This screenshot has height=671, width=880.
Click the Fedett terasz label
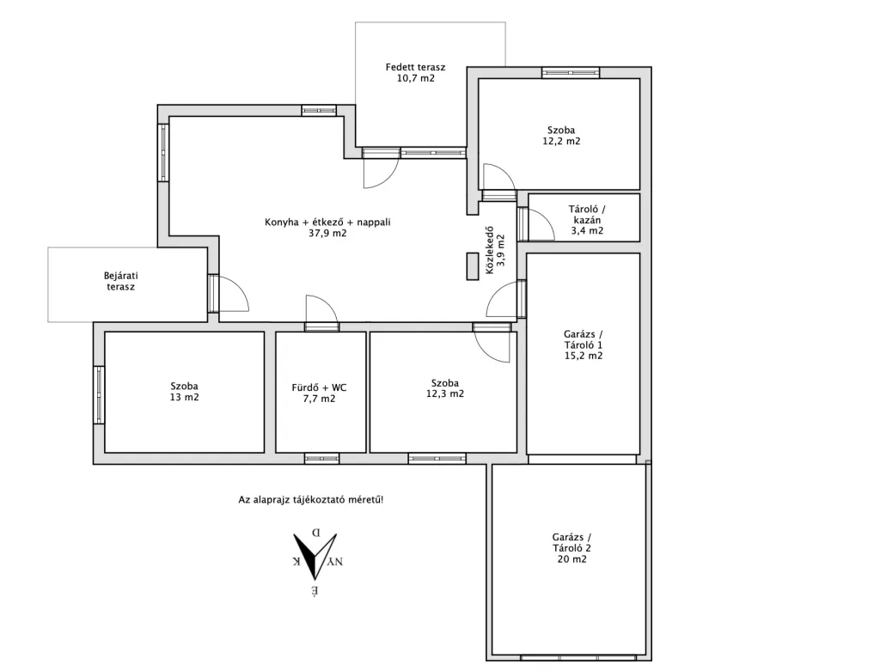pos(415,67)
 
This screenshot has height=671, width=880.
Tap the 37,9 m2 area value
pos(327,234)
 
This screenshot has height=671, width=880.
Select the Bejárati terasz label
pos(120,281)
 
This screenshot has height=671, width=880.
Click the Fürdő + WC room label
pos(319,387)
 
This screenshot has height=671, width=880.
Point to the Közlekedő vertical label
pos(489,250)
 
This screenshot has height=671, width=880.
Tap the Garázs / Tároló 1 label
pos(584,340)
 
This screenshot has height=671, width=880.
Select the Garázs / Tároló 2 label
pos(571,543)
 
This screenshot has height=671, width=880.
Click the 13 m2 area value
pos(185,397)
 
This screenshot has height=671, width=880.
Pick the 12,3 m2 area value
pos(445,393)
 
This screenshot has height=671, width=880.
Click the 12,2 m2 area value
pos(561,142)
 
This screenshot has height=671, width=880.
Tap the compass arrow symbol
pos(315,556)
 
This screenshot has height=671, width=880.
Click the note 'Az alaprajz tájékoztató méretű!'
pos(311,499)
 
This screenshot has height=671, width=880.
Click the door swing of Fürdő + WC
pos(321,310)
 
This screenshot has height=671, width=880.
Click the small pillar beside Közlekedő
pos(472,266)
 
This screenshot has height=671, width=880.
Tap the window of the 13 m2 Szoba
pos(99,394)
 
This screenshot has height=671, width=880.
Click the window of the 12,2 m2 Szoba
pos(571,72)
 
